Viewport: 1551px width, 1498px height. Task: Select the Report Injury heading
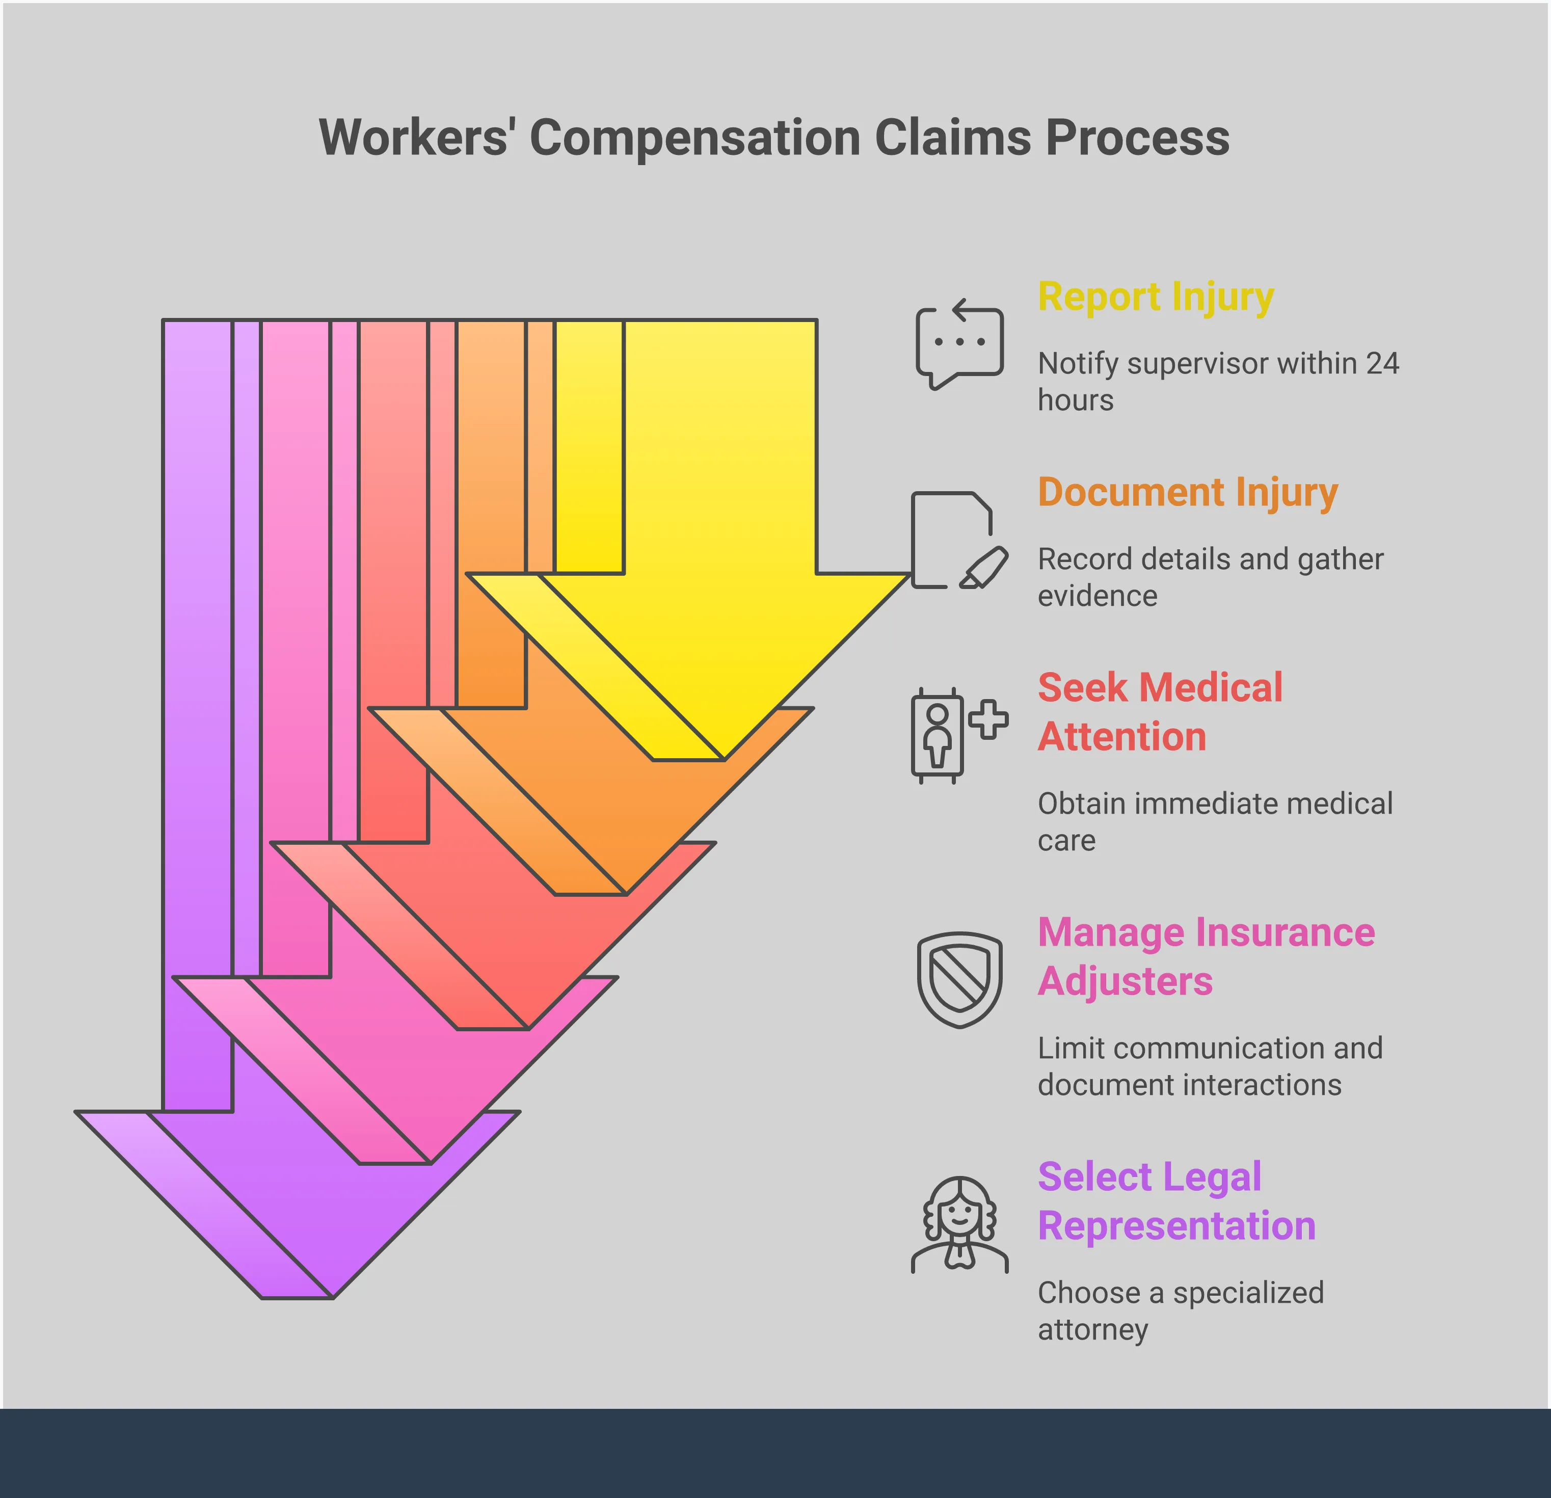(x=1155, y=298)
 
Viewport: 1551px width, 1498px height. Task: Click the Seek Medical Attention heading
(x=1159, y=712)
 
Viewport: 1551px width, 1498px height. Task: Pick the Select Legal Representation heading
(x=1176, y=1201)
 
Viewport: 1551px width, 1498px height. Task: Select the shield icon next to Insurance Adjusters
(x=959, y=980)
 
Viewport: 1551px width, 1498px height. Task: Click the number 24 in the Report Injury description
(x=1382, y=364)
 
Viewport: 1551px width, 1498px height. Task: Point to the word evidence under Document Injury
(x=1097, y=596)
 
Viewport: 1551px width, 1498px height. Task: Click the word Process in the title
(x=1137, y=139)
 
